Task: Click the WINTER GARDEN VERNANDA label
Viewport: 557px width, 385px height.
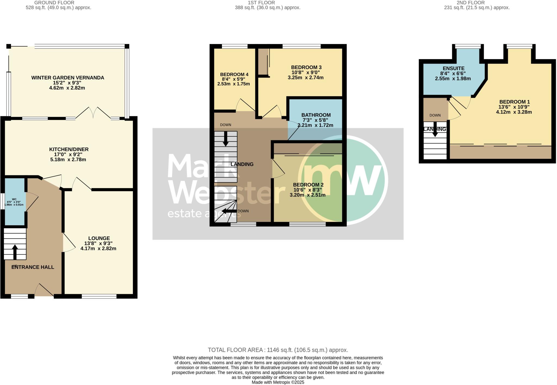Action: point(68,78)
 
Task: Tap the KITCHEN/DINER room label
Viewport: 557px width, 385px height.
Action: point(69,149)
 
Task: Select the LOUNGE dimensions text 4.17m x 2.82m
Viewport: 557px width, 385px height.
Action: point(98,248)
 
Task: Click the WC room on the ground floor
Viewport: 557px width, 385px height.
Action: point(14,202)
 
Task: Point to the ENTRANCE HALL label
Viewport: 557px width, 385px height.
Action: point(33,267)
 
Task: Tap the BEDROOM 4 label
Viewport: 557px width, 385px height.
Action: point(234,74)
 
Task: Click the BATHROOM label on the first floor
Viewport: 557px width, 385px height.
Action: point(316,115)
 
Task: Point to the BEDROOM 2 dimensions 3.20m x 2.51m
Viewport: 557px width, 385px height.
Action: point(308,195)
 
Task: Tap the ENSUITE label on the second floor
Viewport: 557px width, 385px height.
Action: point(453,68)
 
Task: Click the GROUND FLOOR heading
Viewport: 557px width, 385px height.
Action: point(54,3)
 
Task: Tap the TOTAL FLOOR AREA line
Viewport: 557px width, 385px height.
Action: point(278,350)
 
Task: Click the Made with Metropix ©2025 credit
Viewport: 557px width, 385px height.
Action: point(278,382)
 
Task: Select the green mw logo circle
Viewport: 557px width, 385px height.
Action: point(343,180)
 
